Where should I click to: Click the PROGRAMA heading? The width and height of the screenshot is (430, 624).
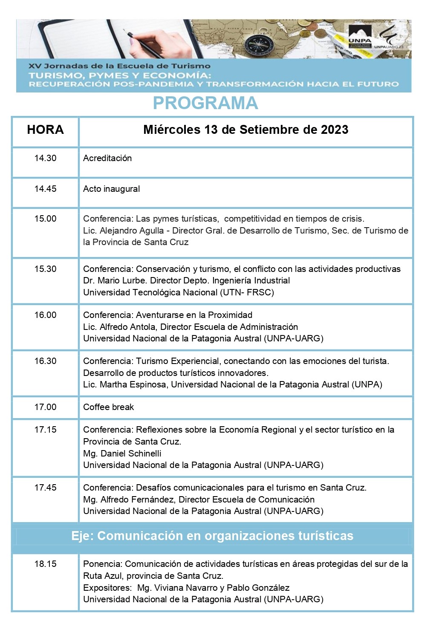click(x=205, y=103)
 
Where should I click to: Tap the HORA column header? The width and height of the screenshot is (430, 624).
click(x=45, y=130)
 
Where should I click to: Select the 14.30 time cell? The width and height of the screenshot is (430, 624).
click(x=45, y=158)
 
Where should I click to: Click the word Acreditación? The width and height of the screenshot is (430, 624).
click(x=107, y=158)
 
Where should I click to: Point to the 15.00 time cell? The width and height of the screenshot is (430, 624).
click(x=45, y=219)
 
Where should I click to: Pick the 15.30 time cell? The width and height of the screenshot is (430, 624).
click(x=45, y=269)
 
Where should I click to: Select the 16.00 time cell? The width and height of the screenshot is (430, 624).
click(x=45, y=315)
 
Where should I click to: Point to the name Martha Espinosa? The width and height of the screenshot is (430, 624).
click(x=133, y=384)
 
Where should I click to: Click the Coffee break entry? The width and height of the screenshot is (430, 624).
click(x=108, y=407)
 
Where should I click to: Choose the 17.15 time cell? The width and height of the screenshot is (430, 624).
click(x=45, y=430)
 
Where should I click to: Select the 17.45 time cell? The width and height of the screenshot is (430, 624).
click(x=45, y=488)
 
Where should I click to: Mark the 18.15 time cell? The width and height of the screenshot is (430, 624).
click(x=45, y=564)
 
